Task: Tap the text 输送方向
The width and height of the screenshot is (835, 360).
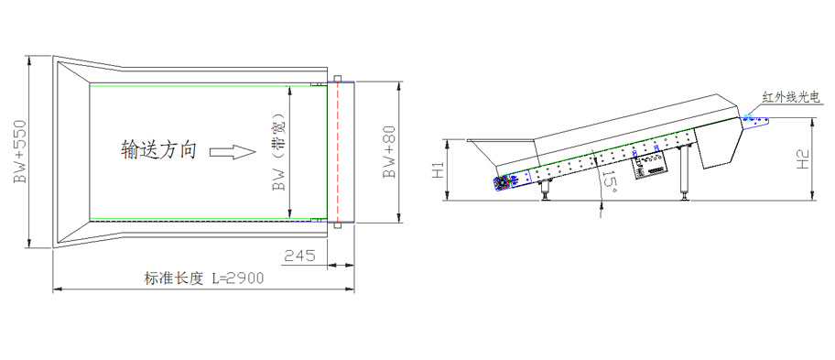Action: click(x=158, y=150)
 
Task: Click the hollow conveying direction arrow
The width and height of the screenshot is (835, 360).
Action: click(x=233, y=152)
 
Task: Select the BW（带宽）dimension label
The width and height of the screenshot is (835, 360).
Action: click(x=278, y=152)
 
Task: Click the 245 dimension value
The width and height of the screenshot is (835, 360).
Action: click(x=298, y=256)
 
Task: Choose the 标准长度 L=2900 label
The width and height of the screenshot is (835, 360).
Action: click(x=204, y=278)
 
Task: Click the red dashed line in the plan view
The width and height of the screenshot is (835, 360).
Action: click(x=337, y=152)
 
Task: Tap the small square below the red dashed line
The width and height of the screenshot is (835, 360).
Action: click(x=337, y=225)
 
